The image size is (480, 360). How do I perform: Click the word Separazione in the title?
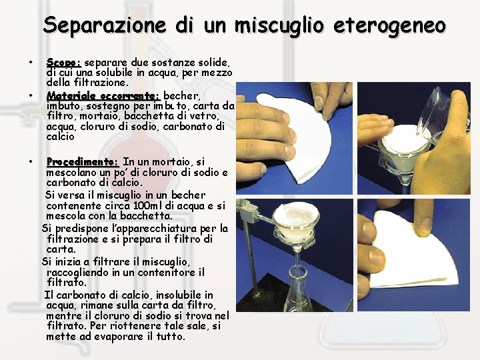click(x=105, y=26)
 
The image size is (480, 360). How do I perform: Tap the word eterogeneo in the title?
click(x=389, y=26)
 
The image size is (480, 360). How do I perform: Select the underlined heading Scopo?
click(x=64, y=63)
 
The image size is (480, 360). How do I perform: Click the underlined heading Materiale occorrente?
click(x=103, y=96)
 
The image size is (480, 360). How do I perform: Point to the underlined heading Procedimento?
click(x=82, y=161)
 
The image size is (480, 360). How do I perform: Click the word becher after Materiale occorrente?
click(x=181, y=96)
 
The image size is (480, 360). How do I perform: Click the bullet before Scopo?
click(x=31, y=63)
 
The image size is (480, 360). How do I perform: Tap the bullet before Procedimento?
click(x=31, y=161)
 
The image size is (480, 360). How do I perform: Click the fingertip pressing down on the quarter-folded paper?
click(x=425, y=226)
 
